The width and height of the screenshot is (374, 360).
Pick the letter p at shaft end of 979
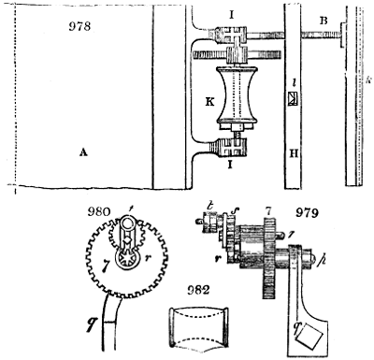pos(323,257)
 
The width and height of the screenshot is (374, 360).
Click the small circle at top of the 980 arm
pos(132,223)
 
